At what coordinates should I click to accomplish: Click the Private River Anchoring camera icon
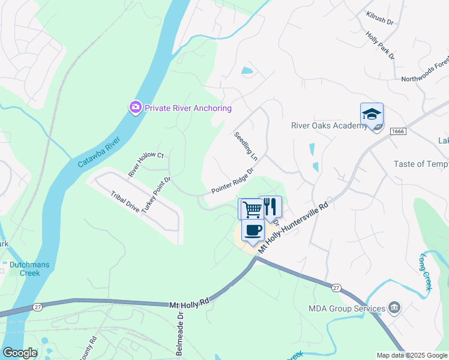pos(135,107)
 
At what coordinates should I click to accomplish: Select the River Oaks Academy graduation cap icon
pos(372,114)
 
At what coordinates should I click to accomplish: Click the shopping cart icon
pos(251,209)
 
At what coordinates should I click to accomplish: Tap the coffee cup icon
pos(253,230)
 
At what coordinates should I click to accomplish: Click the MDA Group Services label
pos(346,309)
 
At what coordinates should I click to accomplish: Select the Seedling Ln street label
pos(246,146)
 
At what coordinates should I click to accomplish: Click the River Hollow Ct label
pos(146,164)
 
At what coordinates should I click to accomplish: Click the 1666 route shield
pos(398,131)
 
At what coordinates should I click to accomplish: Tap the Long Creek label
pos(426,272)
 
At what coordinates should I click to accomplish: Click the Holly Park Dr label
pos(380,45)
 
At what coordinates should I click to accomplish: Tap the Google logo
pos(20,353)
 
